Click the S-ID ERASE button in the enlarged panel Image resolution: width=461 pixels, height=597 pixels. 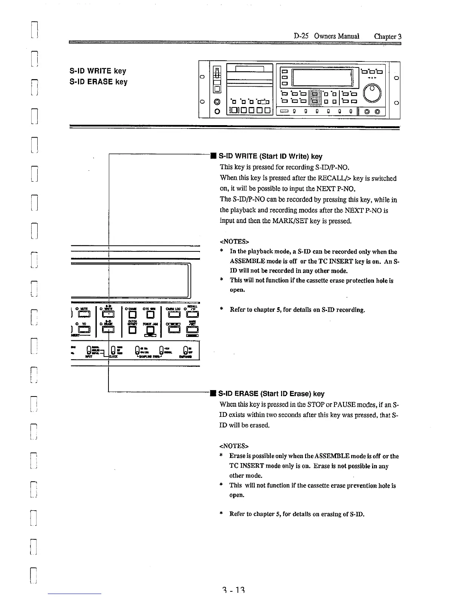coord(108,330)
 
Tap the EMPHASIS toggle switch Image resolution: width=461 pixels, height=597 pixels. coord(185,350)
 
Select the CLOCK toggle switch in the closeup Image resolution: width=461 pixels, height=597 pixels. coord(113,350)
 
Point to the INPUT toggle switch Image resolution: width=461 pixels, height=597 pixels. coord(89,350)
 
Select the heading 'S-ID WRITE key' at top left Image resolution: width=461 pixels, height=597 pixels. coord(98,71)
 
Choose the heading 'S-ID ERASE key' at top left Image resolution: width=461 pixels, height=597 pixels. coord(99,82)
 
